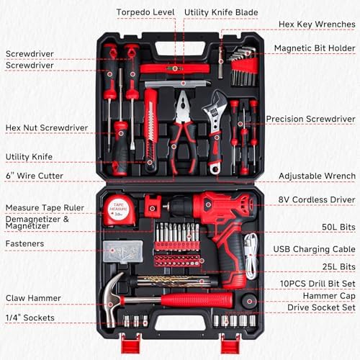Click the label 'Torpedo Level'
point(145,12)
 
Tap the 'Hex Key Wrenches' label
point(317,24)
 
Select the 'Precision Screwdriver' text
point(310,119)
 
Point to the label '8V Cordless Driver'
point(317,199)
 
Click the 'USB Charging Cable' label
point(314,249)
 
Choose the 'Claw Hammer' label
point(33,298)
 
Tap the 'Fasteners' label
point(24,243)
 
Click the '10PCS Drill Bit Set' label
point(318,284)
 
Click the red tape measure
point(119,210)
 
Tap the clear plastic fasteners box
point(123,251)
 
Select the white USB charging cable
point(251,256)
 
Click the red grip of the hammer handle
point(197,300)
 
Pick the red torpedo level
point(174,68)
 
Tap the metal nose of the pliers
point(183,106)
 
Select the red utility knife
point(150,130)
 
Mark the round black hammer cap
point(250,301)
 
